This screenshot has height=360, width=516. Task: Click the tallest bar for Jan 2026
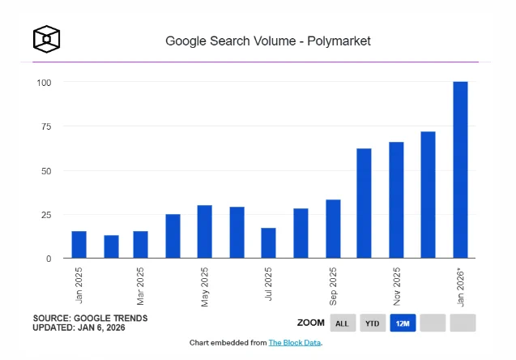tap(460, 169)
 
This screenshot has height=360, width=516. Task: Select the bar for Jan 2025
tap(79, 244)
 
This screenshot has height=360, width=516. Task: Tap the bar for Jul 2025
tap(269, 242)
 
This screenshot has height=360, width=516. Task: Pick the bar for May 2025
tap(205, 232)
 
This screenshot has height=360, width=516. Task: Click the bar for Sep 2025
tap(333, 229)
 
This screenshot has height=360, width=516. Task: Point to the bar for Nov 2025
tap(396, 200)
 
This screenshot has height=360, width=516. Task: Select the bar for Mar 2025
tap(140, 244)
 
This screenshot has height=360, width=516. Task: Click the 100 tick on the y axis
tap(44, 83)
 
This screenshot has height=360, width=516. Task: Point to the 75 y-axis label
tap(46, 126)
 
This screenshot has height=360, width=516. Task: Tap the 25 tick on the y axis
tap(46, 215)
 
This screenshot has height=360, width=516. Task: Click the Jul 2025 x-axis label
tap(269, 284)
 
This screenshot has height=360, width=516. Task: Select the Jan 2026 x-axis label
tap(460, 289)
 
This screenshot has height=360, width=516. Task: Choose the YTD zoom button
tap(373, 324)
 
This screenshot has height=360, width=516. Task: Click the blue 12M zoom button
tap(403, 324)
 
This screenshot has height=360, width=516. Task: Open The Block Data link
tap(295, 343)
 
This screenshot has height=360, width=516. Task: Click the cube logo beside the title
tap(46, 39)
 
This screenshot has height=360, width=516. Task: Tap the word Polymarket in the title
tap(339, 41)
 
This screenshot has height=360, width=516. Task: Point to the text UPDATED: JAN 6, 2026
tap(79, 328)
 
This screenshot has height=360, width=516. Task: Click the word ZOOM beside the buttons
tap(311, 323)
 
